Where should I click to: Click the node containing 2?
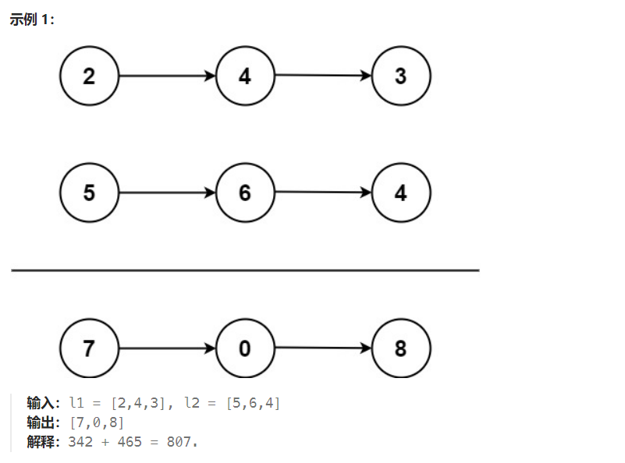[x=89, y=76]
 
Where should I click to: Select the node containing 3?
[x=401, y=76]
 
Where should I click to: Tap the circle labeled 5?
[x=89, y=193]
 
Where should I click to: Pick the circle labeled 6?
[x=245, y=193]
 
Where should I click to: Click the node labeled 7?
[x=89, y=348]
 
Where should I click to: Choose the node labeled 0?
[x=245, y=348]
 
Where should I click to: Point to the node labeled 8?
[x=401, y=348]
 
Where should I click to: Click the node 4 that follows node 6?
[x=401, y=193]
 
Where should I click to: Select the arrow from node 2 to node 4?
[x=168, y=76]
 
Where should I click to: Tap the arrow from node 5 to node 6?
[x=168, y=193]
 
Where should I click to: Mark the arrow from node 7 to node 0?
[x=168, y=348]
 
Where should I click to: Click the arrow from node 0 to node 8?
[x=323, y=348]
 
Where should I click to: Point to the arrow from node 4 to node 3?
[x=323, y=75]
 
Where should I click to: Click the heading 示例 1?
[x=31, y=19]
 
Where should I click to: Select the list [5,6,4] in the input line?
[x=253, y=403]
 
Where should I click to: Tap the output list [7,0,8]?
[x=97, y=422]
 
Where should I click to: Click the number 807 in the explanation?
[x=179, y=442]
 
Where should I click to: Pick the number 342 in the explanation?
[x=80, y=442]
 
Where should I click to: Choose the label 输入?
[x=41, y=403]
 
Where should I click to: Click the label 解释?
[x=41, y=442]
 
